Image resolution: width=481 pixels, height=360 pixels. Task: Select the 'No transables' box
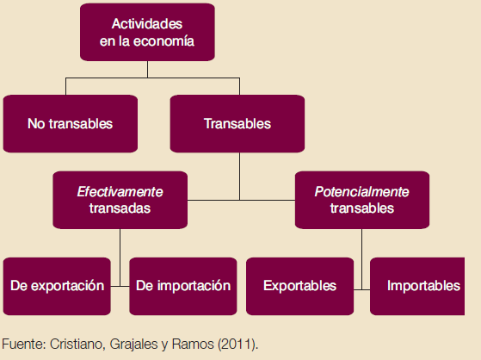70,124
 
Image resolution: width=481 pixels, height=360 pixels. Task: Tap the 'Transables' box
237,124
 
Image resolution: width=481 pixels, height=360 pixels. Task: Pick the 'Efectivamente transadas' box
120,199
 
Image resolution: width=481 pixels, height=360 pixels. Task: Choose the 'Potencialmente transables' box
361,199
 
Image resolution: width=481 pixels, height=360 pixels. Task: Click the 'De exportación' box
58,286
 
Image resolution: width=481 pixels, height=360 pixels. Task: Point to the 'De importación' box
183,286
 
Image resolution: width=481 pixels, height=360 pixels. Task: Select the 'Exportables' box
299,286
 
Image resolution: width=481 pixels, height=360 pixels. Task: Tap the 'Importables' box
423,286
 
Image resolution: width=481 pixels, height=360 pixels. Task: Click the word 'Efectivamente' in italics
120,191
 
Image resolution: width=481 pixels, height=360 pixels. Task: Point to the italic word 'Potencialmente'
361,191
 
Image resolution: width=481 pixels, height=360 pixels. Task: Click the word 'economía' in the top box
168,41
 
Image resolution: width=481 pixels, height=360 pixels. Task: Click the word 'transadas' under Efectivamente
120,208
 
